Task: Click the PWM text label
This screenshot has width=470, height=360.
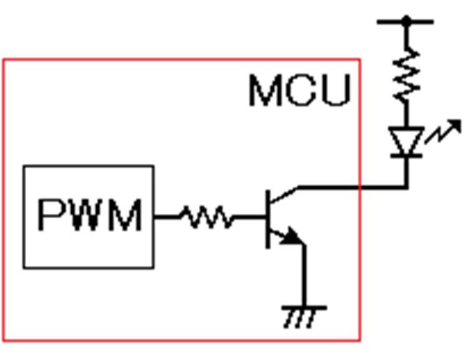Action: [89, 215]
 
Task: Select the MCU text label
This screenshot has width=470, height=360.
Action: [300, 91]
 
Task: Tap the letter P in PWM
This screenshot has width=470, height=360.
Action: [50, 215]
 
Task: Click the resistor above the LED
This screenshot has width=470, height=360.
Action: [406, 74]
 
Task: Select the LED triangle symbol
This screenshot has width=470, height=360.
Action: [406, 140]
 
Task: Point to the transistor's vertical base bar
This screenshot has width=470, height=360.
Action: [267, 219]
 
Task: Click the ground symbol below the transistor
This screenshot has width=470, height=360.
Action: [304, 317]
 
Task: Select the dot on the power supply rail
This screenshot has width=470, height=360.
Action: [406, 21]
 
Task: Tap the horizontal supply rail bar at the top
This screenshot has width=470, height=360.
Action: [405, 22]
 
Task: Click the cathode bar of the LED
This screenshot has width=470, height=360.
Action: [406, 156]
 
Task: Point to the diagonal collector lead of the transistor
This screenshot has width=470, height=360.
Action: [284, 195]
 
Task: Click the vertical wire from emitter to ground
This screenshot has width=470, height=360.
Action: [304, 276]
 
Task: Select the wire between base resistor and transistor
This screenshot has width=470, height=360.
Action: [249, 217]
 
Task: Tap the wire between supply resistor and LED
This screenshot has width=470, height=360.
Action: [406, 114]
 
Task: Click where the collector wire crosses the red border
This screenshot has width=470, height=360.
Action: [360, 187]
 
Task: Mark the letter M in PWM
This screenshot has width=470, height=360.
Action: [125, 215]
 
